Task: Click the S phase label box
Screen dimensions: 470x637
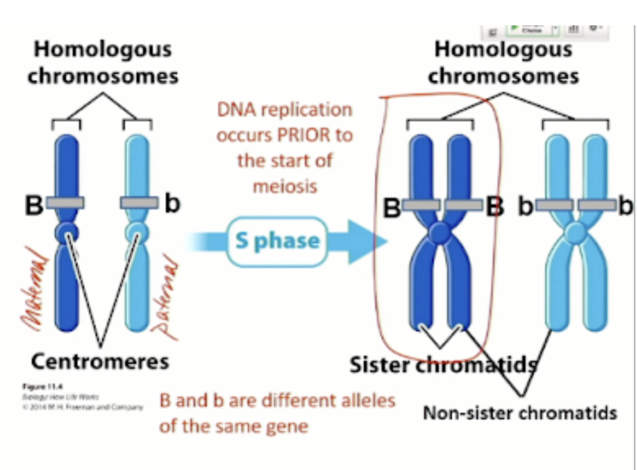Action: tap(278, 241)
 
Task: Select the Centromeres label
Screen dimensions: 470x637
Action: tap(100, 361)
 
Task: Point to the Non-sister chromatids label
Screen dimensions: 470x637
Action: tap(520, 412)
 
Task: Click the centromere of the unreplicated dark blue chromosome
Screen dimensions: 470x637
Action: tap(67, 232)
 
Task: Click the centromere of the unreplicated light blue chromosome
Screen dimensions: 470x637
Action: tap(137, 232)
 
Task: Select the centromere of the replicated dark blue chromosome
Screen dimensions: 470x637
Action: tap(440, 233)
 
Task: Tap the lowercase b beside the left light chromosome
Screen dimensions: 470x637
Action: tap(173, 204)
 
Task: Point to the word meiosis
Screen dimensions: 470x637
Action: tap(284, 185)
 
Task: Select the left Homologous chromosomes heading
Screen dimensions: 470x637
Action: tap(103, 62)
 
